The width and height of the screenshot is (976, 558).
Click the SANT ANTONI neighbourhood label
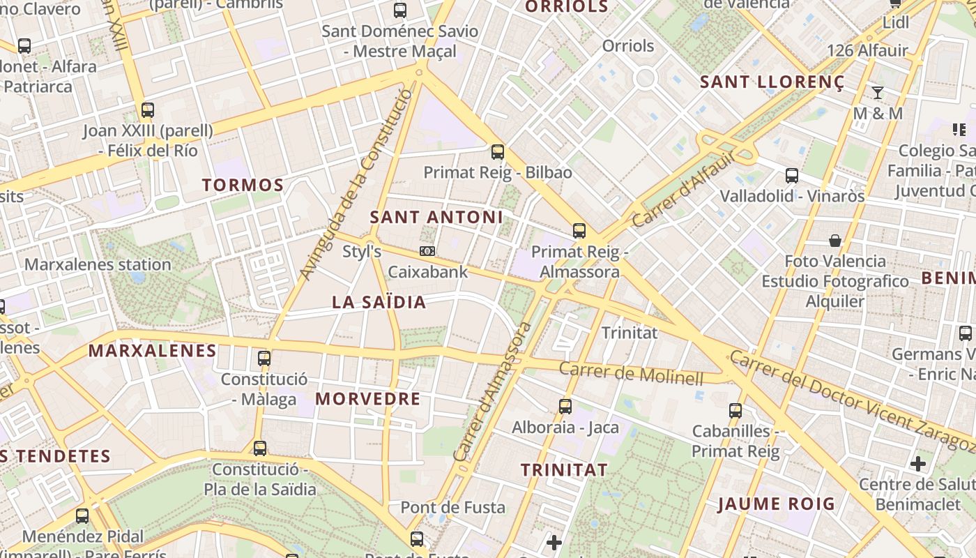tap(436, 217)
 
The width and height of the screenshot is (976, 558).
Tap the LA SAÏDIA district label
tap(379, 302)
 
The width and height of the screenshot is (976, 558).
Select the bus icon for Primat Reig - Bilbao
tap(497, 151)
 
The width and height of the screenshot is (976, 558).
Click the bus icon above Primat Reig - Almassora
tap(579, 231)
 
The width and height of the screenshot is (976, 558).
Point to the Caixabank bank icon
tap(427, 251)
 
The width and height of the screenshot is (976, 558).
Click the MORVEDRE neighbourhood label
tap(368, 399)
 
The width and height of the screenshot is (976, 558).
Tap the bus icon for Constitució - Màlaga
tap(264, 359)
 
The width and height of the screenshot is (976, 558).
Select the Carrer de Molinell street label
tap(631, 373)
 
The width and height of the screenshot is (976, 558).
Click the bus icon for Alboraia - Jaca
tap(565, 406)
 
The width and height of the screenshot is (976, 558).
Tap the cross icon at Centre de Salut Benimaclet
tap(918, 463)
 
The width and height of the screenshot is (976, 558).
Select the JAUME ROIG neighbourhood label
tap(776, 504)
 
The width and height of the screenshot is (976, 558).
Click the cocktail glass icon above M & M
tap(878, 92)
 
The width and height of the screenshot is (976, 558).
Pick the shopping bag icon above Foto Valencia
tap(834, 241)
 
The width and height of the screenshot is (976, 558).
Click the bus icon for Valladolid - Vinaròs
tap(791, 175)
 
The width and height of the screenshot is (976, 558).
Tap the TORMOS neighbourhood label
tap(243, 186)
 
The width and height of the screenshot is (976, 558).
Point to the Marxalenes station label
tap(98, 264)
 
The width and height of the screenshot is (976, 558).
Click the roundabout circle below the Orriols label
tap(645, 77)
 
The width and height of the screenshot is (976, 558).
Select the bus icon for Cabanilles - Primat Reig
tap(735, 410)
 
